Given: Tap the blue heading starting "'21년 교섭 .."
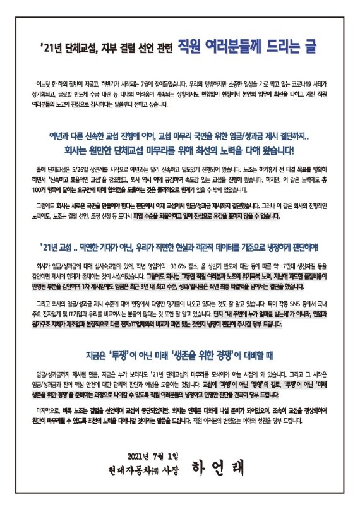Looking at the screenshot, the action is point(179,245).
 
